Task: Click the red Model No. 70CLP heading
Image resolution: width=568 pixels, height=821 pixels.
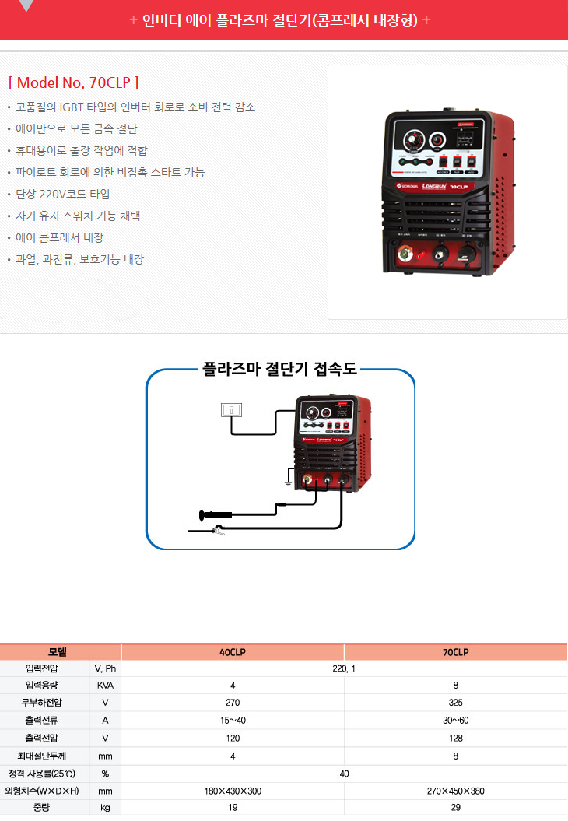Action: [x=73, y=82]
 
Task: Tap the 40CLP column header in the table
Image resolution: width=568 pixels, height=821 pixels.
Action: [x=233, y=652]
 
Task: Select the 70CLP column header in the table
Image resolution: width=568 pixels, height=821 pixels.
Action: [x=455, y=652]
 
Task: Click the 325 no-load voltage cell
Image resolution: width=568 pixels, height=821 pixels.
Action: [x=455, y=703]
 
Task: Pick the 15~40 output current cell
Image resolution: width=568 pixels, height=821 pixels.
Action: [x=233, y=720]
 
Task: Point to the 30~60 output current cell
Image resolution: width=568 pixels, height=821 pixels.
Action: [x=455, y=720]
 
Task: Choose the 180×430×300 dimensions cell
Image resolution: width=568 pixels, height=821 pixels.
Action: [x=233, y=791]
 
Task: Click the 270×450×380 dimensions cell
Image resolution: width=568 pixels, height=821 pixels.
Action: [x=455, y=791]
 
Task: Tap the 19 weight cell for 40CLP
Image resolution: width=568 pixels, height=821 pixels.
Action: [x=233, y=808]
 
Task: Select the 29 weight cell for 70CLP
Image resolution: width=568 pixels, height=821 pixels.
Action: [x=455, y=808]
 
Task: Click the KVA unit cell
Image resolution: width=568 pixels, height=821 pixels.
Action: [x=105, y=686]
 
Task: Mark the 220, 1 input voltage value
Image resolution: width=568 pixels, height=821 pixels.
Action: [x=343, y=668]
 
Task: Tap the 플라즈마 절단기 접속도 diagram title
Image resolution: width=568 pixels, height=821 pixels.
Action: [x=279, y=369]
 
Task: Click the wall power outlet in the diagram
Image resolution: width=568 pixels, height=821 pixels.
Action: [x=232, y=410]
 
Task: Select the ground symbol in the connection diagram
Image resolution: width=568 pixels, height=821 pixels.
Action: [x=288, y=483]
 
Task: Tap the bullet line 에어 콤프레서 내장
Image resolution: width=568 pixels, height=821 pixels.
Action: [x=60, y=237]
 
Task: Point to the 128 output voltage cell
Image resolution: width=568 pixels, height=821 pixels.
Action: [x=455, y=738]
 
